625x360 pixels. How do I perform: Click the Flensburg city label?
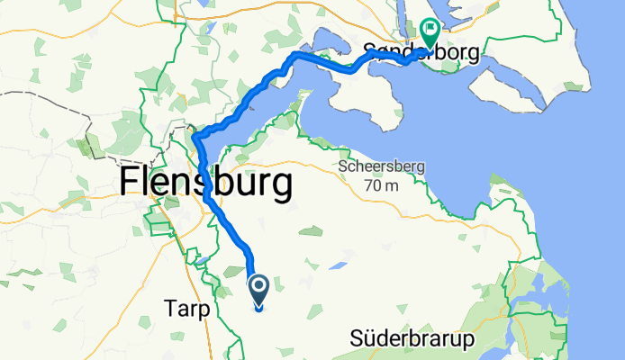click(205, 184)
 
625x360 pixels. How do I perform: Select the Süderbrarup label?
click(412, 339)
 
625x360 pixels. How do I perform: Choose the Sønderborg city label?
click(420, 51)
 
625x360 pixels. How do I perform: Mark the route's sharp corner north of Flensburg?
click(195, 136)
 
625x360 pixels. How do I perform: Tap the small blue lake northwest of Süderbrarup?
click(339, 266)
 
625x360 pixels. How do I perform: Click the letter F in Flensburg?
click(129, 184)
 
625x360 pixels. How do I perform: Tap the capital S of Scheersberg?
click(341, 167)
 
